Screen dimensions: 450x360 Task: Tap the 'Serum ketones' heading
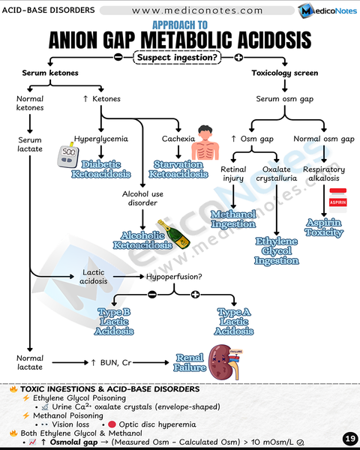click(49, 73)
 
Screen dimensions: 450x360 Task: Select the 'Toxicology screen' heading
click(284, 73)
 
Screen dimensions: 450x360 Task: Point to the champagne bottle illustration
click(174, 234)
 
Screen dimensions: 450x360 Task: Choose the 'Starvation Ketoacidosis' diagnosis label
click(178, 169)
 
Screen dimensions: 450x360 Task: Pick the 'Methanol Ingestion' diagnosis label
click(233, 219)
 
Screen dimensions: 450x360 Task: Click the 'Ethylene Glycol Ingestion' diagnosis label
click(277, 250)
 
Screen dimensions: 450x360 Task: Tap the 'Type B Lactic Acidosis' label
click(115, 321)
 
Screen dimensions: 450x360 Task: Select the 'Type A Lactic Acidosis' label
click(234, 321)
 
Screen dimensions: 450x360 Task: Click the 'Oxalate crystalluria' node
click(277, 175)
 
